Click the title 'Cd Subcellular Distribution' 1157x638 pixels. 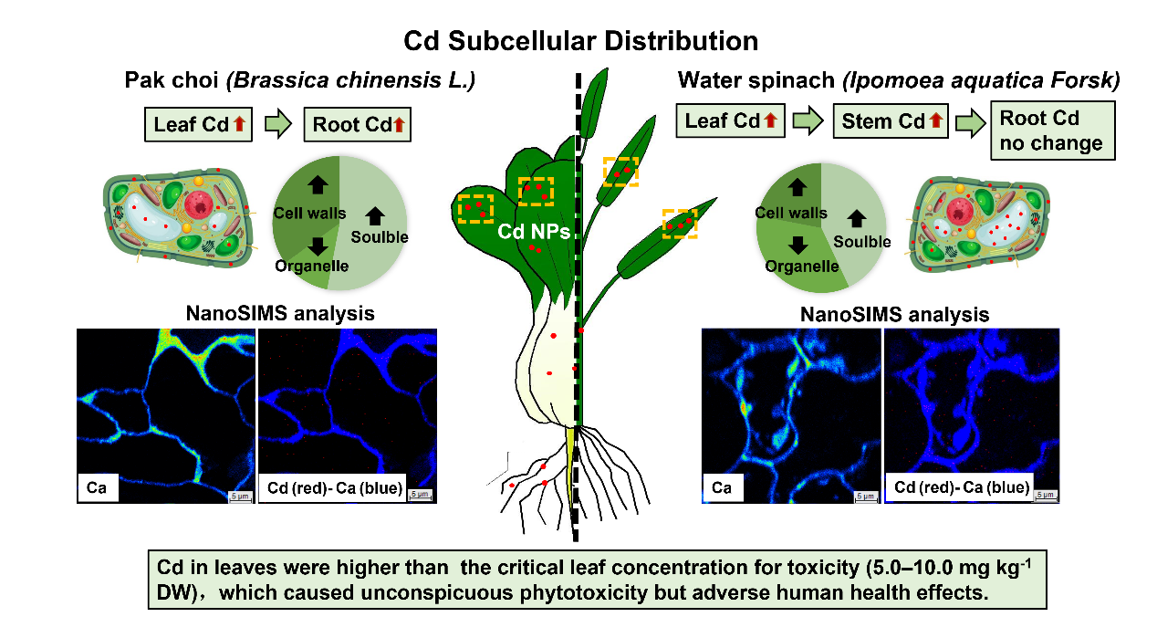[581, 41]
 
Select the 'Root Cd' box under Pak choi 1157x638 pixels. [357, 124]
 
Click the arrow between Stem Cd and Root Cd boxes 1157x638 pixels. [968, 122]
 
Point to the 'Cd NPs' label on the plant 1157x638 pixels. [534, 232]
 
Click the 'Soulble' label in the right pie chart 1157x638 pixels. [861, 242]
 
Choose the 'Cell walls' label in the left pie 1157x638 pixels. [309, 214]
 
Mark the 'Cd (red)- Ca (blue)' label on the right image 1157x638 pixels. [961, 488]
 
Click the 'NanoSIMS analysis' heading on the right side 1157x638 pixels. [894, 315]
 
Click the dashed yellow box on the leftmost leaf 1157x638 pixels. [475, 208]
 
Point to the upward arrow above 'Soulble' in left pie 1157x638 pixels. [376, 216]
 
